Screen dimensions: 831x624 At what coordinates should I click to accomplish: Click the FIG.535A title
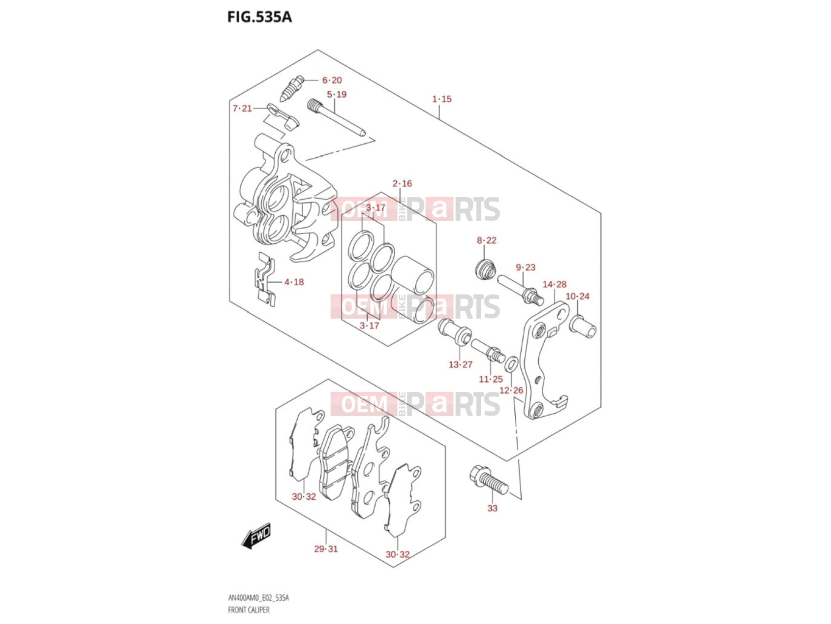(259, 17)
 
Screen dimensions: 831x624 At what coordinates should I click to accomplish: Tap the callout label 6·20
(332, 80)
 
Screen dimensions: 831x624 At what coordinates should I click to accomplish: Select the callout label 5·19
(337, 94)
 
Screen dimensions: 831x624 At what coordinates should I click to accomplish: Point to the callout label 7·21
(242, 108)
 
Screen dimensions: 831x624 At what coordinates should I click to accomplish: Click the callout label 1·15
(442, 99)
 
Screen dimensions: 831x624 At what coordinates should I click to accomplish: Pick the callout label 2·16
(402, 184)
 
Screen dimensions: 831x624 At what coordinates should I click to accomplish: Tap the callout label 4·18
(294, 282)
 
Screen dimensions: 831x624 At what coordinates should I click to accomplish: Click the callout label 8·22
(486, 241)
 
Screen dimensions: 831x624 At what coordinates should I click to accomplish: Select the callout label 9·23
(525, 268)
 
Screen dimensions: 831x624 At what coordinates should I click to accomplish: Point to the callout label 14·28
(555, 285)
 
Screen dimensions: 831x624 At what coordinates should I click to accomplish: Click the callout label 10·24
(578, 297)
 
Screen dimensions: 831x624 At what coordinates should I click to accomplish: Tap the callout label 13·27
(460, 365)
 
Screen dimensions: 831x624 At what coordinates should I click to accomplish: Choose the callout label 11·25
(491, 379)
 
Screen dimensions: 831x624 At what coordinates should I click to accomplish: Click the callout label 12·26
(511, 391)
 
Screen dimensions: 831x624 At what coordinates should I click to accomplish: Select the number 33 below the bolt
(492, 508)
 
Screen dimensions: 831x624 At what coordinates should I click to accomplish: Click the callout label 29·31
(326, 549)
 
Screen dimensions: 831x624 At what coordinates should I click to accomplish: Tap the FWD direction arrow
(256, 536)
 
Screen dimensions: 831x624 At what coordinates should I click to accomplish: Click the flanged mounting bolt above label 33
(488, 480)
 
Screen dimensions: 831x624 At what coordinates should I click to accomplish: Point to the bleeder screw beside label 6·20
(291, 88)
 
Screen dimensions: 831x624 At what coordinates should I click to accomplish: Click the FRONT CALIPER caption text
(249, 610)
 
